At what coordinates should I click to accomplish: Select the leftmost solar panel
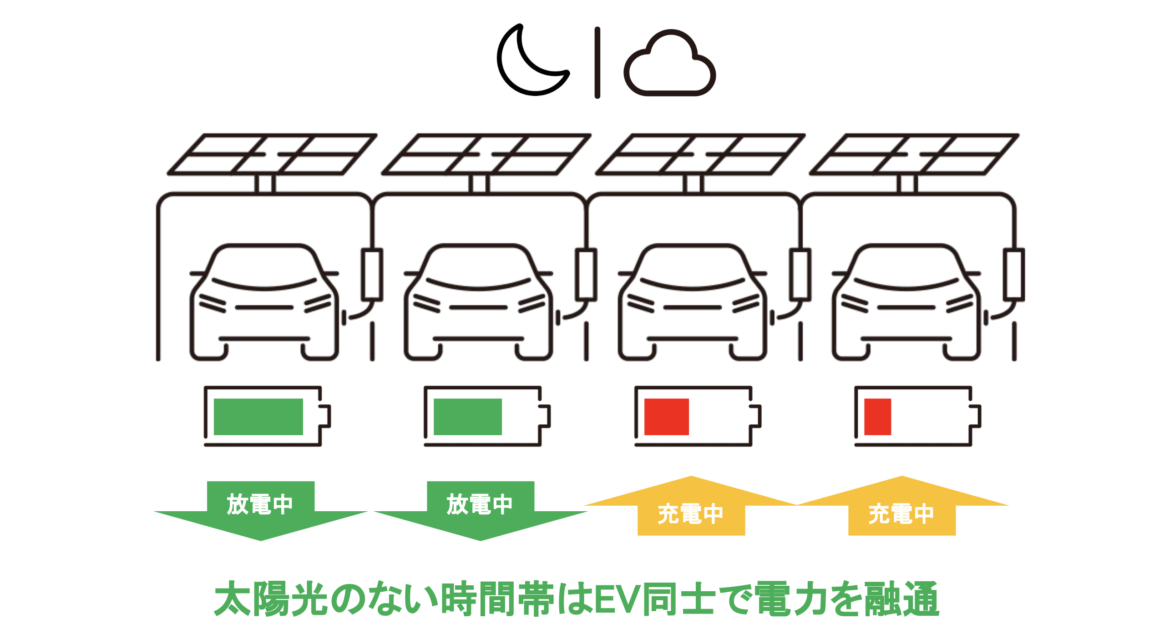point(272,155)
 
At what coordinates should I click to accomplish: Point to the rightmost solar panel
point(914,155)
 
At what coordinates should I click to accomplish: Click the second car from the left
point(478,302)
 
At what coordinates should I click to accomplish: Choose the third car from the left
point(692,302)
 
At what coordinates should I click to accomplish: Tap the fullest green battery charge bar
point(258,417)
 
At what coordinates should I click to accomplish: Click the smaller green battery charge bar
point(467,417)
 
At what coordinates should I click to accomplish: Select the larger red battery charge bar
point(666,417)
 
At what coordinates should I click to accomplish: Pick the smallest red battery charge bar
point(877,417)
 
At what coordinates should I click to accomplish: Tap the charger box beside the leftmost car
point(372,274)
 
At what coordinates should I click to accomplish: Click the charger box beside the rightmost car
point(1014,274)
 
